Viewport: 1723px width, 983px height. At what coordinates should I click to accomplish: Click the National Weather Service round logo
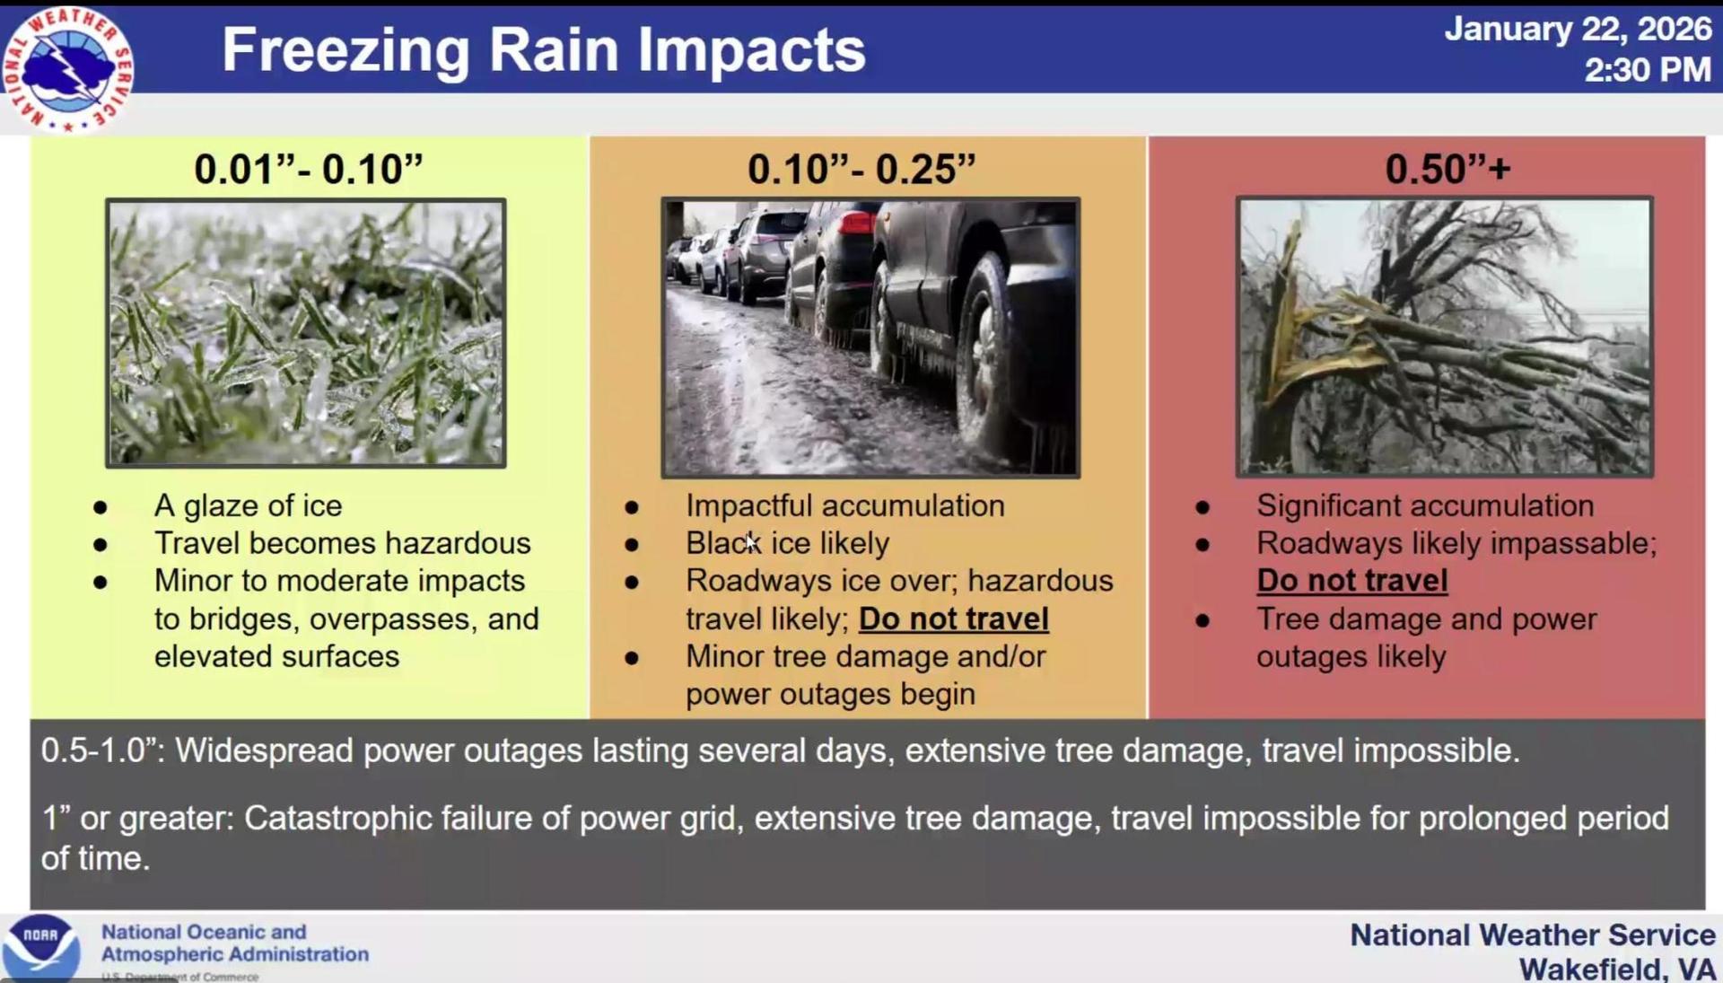click(x=67, y=68)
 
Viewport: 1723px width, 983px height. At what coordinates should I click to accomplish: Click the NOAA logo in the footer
click(x=40, y=947)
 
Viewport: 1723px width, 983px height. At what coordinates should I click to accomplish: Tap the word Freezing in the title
click(x=345, y=50)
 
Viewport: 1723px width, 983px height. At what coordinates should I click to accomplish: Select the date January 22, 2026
click(x=1578, y=29)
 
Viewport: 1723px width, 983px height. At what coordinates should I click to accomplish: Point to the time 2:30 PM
click(x=1648, y=69)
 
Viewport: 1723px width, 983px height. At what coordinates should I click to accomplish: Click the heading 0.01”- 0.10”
click(x=308, y=168)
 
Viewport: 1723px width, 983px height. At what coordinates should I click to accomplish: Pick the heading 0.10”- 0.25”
click(x=861, y=168)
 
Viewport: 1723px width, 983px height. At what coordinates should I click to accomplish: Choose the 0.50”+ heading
click(x=1447, y=168)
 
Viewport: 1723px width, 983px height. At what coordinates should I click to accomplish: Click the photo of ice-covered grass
click(x=306, y=333)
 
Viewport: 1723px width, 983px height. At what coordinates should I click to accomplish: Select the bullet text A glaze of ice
click(x=248, y=505)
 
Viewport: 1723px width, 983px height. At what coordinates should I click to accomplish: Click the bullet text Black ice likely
click(x=787, y=543)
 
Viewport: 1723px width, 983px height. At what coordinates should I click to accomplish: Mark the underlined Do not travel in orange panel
click(x=954, y=619)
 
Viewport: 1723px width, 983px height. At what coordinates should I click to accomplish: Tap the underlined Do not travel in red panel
click(x=1351, y=581)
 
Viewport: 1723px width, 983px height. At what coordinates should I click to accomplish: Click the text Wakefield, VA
click(x=1616, y=969)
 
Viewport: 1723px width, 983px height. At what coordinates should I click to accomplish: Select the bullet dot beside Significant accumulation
click(x=1203, y=507)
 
